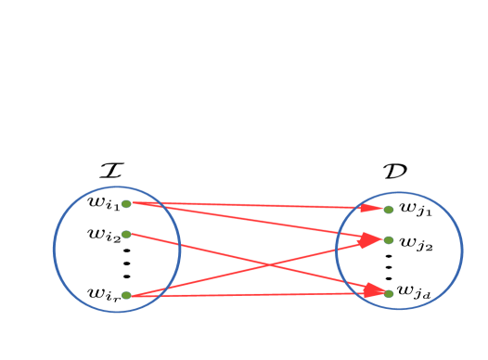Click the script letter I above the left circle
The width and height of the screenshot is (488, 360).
112,170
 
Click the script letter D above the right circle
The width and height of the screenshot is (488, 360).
394,171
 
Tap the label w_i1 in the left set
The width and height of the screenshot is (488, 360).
102,203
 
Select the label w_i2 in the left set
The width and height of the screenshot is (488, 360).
102,235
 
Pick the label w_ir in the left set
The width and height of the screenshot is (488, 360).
102,294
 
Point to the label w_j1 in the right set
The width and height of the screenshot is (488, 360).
415,210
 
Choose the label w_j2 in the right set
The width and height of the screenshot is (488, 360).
416,244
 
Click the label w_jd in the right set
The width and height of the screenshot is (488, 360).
414,292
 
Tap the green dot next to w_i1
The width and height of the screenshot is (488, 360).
126,203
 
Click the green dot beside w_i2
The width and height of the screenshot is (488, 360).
126,234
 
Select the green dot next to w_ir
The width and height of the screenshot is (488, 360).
126,295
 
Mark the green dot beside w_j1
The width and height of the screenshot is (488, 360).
389,210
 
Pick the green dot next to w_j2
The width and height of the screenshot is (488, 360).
389,240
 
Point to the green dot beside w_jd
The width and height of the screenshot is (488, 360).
389,293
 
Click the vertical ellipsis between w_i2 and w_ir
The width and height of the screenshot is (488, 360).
126,263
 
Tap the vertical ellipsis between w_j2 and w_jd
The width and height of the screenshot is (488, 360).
388,266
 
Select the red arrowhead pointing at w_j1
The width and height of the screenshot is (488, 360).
375,209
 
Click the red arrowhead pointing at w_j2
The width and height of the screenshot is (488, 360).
373,239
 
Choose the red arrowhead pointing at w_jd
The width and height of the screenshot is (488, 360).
375,291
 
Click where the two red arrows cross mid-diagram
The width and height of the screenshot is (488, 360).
268,264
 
